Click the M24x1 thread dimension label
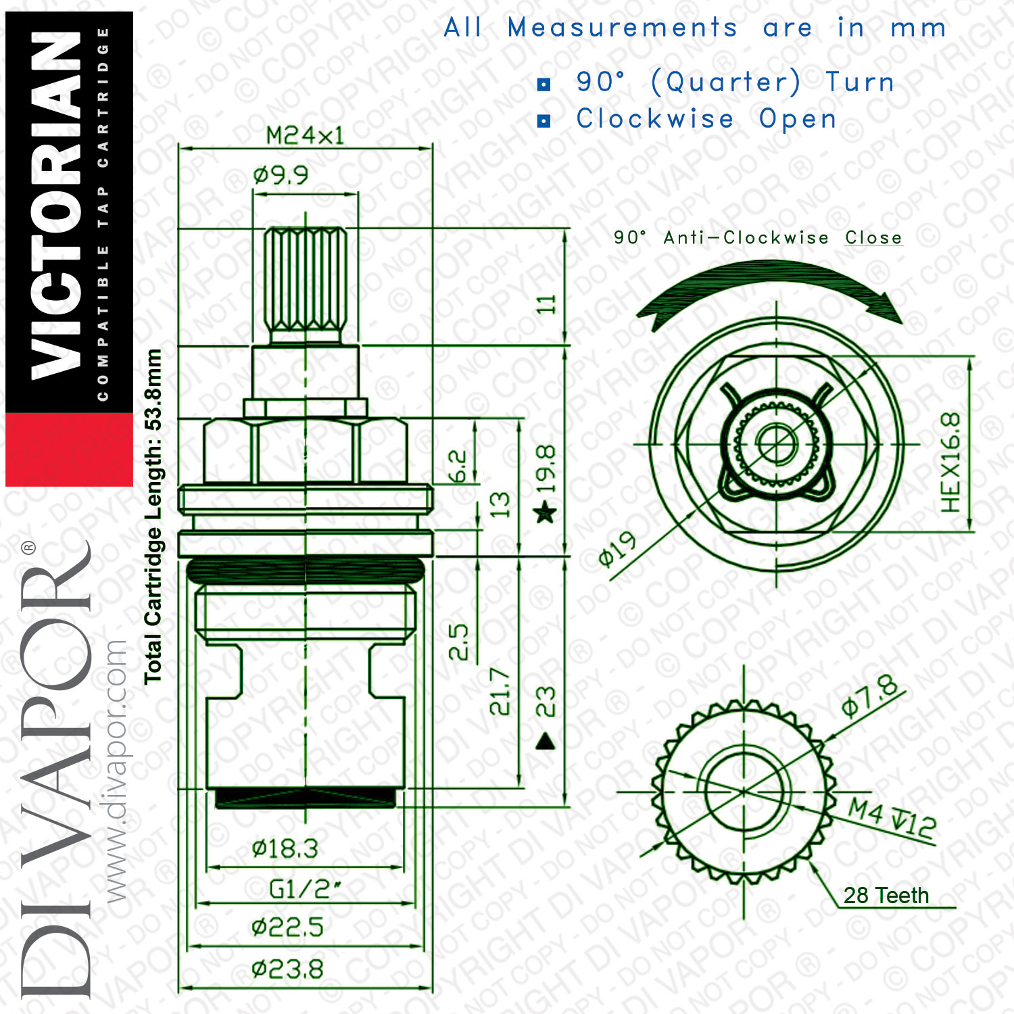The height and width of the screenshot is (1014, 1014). pyautogui.click(x=305, y=135)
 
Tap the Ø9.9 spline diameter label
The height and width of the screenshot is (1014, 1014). pyautogui.click(x=281, y=176)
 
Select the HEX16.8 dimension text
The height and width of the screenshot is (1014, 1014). pyautogui.click(x=950, y=462)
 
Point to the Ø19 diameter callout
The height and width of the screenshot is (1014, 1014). pyautogui.click(x=618, y=549)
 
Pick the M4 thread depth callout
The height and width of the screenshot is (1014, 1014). pyautogui.click(x=892, y=817)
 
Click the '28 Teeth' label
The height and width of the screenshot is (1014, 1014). pyautogui.click(x=886, y=895)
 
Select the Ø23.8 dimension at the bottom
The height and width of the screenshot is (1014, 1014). pyautogui.click(x=287, y=969)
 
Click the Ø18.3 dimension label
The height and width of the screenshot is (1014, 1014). pyautogui.click(x=285, y=848)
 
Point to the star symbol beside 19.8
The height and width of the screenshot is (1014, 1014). pyautogui.click(x=545, y=512)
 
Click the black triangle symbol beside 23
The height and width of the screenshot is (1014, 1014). pyautogui.click(x=545, y=742)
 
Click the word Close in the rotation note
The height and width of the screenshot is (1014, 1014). pyautogui.click(x=873, y=238)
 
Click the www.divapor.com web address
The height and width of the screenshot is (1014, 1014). pyautogui.click(x=116, y=771)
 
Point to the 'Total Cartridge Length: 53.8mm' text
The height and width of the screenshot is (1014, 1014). pyautogui.click(x=153, y=516)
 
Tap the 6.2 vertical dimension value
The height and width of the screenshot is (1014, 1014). pyautogui.click(x=458, y=466)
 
